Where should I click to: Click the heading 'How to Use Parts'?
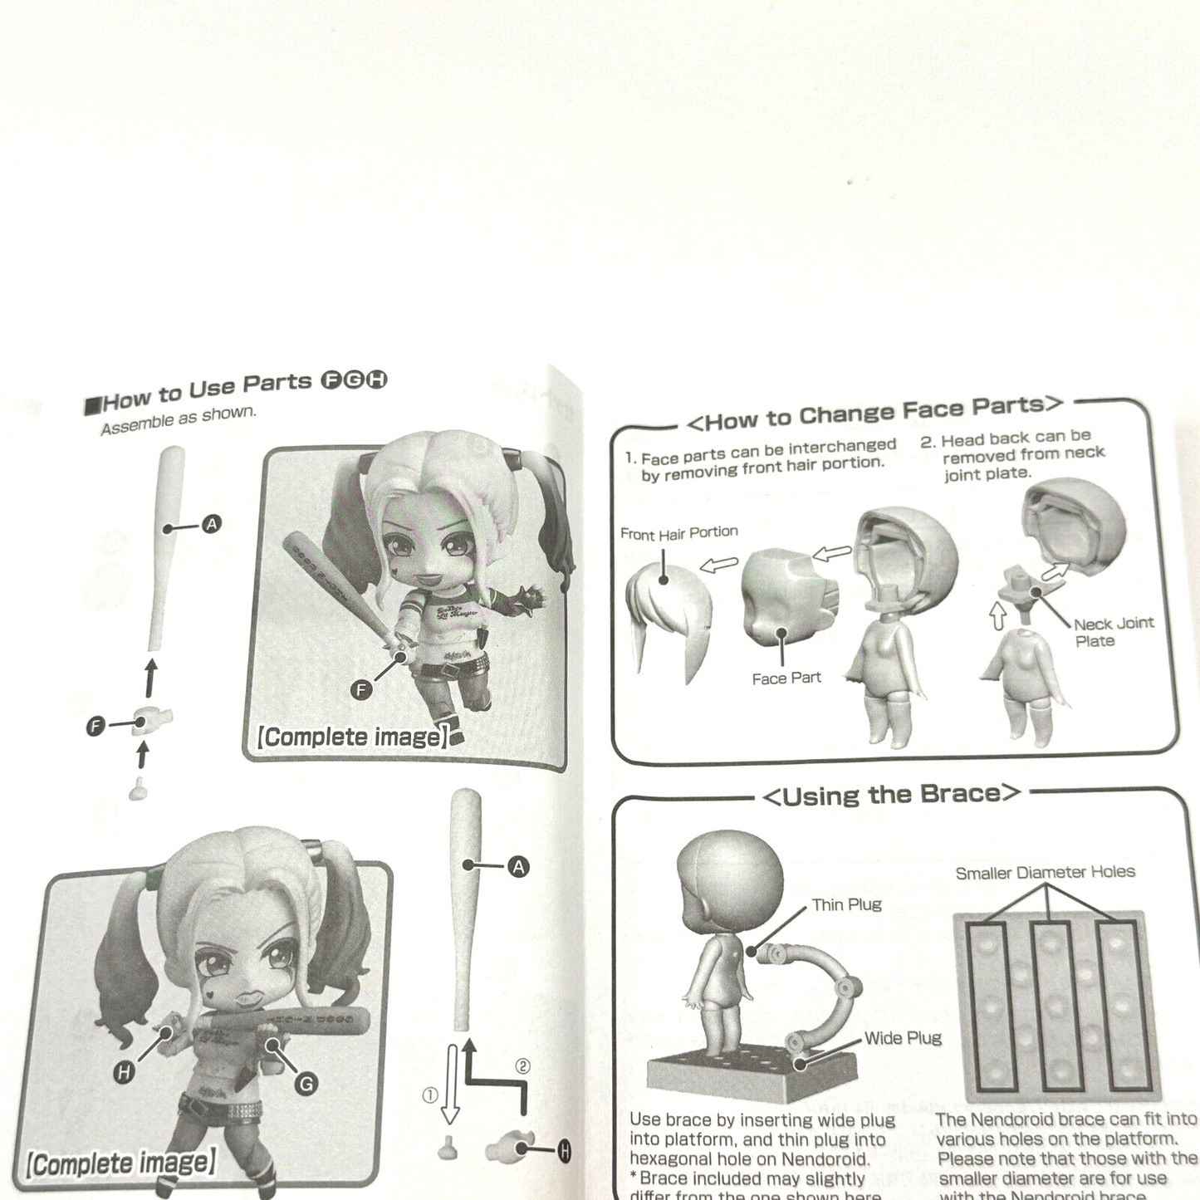[x=208, y=392]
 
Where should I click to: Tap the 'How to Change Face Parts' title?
[x=874, y=413]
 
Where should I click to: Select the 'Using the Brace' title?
[x=890, y=795]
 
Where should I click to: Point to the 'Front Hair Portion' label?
[x=678, y=533]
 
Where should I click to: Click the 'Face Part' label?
[x=786, y=678]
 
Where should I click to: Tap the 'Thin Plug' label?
[x=846, y=904]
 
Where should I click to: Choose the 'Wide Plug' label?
[x=903, y=1038]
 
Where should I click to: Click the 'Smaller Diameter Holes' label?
[x=1045, y=873]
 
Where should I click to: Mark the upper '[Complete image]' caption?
[x=353, y=737]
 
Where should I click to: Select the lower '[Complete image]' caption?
[x=121, y=1163]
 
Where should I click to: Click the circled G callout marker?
[x=306, y=1084]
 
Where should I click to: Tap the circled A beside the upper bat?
[x=212, y=524]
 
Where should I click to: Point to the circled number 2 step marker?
[x=522, y=1066]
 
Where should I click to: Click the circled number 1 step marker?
[x=429, y=1096]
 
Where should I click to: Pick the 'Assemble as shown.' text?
[x=178, y=420]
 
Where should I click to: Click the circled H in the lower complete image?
[x=124, y=1072]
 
